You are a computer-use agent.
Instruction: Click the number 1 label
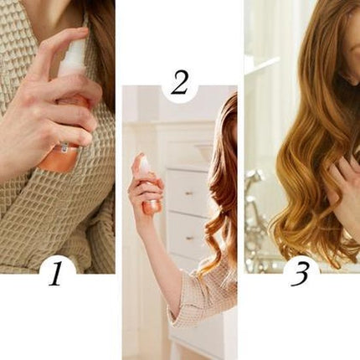[55, 274]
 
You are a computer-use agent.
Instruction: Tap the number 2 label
[179, 83]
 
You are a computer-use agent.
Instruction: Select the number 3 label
[300, 274]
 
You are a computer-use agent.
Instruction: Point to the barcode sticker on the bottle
[64, 147]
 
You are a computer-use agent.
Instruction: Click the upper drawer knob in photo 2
[189, 193]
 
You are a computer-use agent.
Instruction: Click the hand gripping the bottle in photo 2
[144, 190]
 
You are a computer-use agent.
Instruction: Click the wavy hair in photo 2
[222, 182]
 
